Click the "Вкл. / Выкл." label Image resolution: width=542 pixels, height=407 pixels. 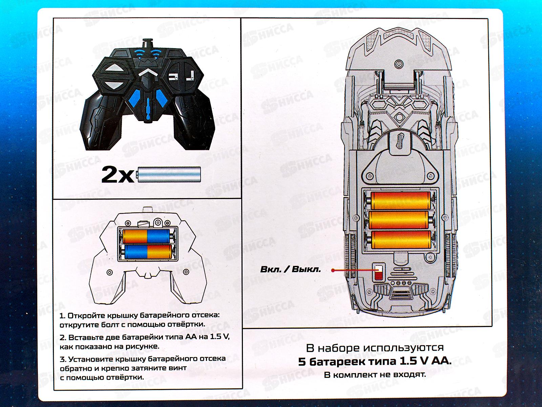coord(290,270)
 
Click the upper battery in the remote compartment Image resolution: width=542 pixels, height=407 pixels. coord(146,236)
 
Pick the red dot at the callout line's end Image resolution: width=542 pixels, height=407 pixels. coord(333,270)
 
